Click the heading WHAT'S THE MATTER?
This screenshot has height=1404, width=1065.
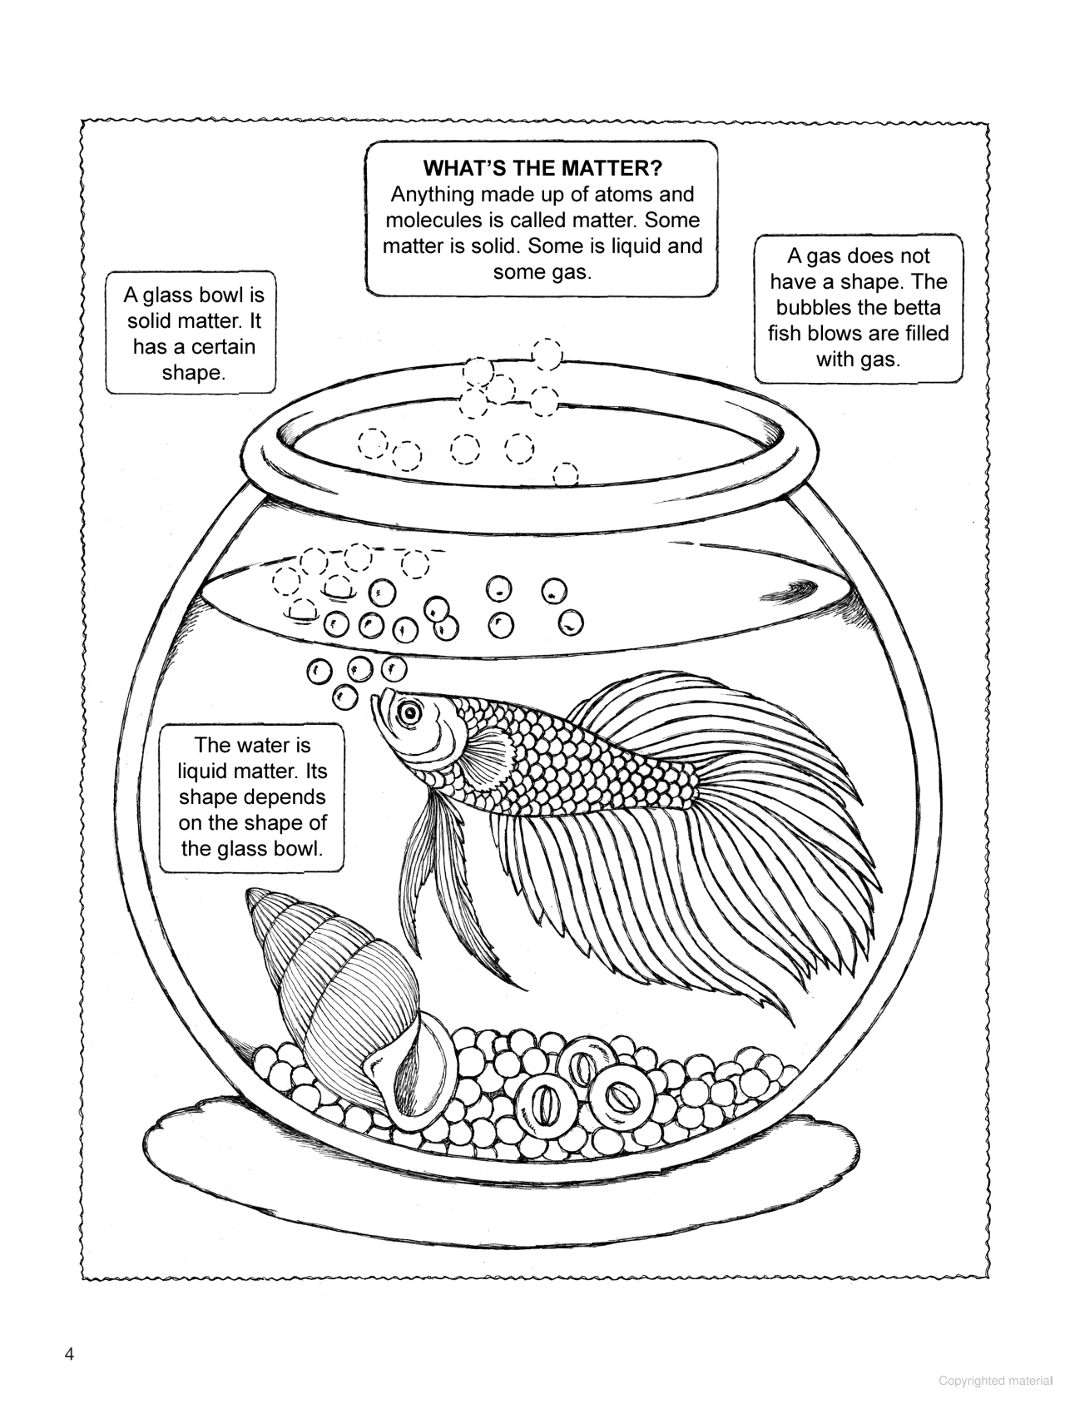(542, 168)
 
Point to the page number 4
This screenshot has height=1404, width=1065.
(69, 1354)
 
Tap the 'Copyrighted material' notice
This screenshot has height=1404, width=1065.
(995, 1381)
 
